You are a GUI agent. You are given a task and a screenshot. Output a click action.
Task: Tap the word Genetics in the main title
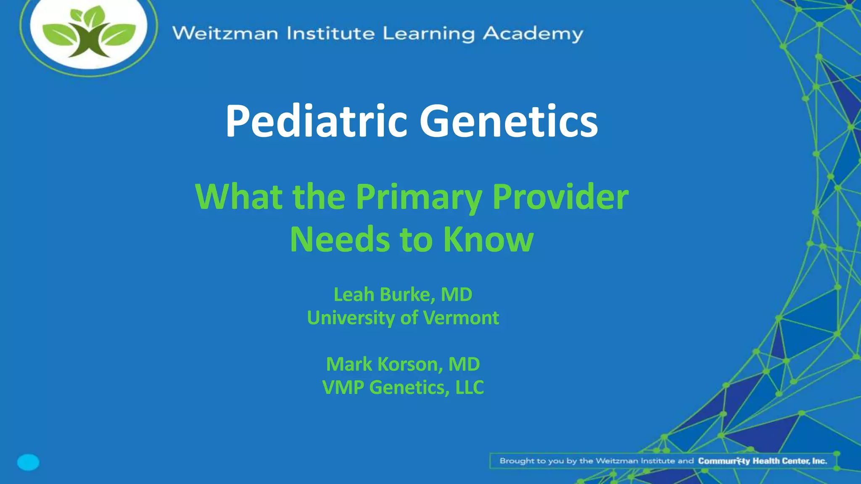(509, 122)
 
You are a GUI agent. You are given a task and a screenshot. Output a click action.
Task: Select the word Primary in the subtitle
(419, 197)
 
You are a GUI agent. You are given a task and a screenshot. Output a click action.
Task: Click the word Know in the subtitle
(489, 239)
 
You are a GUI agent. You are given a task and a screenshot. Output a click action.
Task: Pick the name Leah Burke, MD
(403, 295)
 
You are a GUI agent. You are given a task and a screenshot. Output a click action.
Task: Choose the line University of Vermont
(403, 318)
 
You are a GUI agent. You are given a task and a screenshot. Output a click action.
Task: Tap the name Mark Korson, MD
(403, 364)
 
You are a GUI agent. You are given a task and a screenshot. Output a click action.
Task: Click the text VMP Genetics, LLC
(403, 387)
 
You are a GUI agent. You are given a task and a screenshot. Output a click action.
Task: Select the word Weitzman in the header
(225, 33)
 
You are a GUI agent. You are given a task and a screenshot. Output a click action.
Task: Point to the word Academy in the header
(533, 34)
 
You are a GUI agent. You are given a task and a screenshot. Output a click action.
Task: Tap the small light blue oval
(28, 462)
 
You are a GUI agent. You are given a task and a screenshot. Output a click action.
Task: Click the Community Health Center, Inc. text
(762, 461)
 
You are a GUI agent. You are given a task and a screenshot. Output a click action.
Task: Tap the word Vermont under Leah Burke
(461, 318)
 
